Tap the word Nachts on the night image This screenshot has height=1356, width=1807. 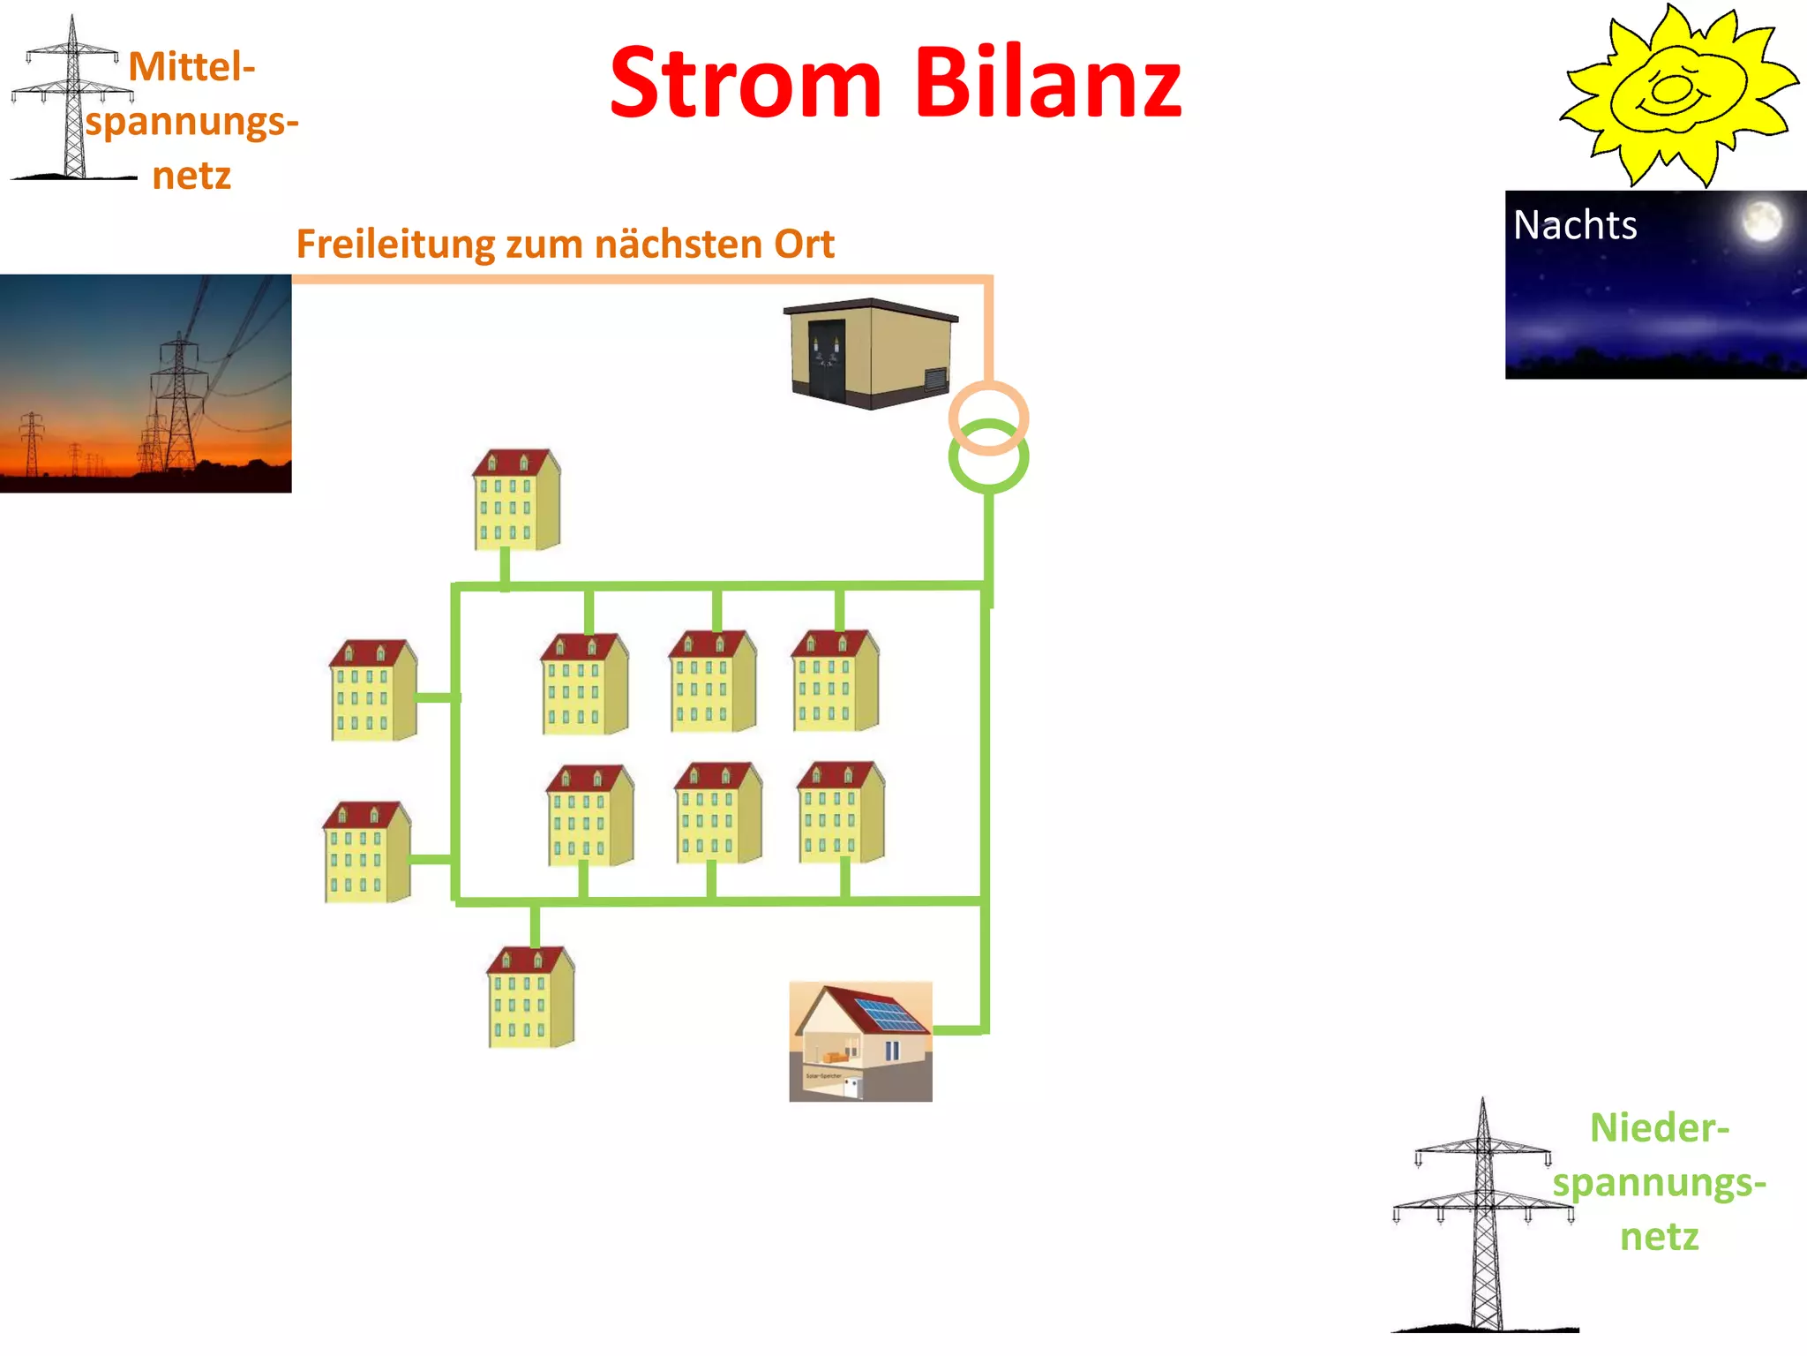(1575, 225)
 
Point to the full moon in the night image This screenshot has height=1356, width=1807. (1761, 221)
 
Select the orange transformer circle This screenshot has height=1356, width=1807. (988, 397)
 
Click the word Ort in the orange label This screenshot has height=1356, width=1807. (804, 245)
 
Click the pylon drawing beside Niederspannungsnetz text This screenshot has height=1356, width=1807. (1484, 1218)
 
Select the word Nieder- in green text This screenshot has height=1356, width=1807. (1659, 1128)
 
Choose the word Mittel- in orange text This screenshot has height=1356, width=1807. (191, 67)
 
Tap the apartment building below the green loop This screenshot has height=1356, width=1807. (530, 998)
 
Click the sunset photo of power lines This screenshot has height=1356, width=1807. (146, 383)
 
